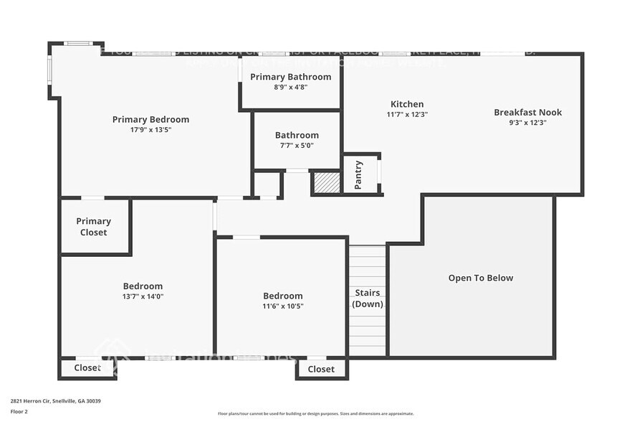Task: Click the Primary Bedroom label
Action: [150, 119]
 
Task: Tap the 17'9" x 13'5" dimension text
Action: [150, 130]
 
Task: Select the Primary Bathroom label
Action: [290, 77]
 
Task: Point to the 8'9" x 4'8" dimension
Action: [290, 87]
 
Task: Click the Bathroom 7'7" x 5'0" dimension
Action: [297, 145]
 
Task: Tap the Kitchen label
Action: [407, 104]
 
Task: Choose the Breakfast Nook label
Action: [527, 112]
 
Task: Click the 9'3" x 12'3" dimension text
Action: [527, 122]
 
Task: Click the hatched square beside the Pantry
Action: [326, 182]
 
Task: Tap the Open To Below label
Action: [480, 278]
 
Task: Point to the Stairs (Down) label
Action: [367, 299]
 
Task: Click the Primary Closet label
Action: [94, 227]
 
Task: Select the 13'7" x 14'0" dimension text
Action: [143, 296]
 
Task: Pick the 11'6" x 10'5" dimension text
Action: [282, 306]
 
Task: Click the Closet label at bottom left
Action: [87, 368]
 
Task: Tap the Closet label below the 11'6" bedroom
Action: [320, 369]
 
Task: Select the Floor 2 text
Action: [19, 412]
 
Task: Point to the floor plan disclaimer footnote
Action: [315, 413]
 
